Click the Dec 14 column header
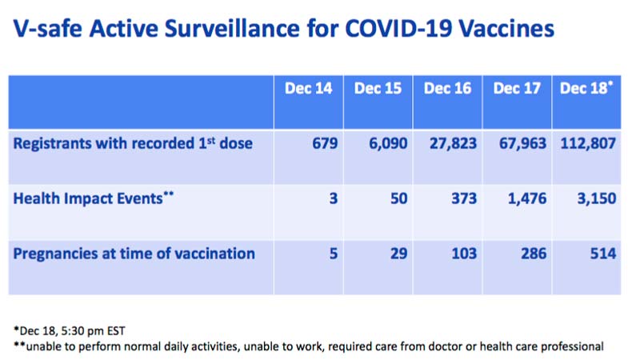click(x=309, y=89)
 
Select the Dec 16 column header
click(x=447, y=89)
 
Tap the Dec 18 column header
click(x=586, y=88)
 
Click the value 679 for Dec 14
click(x=325, y=143)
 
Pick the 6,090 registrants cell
click(x=388, y=144)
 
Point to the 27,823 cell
click(x=453, y=144)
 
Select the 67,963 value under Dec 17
click(x=523, y=144)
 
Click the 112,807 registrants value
click(x=588, y=144)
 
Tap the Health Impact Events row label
click(x=94, y=198)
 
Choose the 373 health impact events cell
click(x=464, y=198)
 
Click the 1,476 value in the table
click(x=527, y=198)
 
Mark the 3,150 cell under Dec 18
click(x=597, y=198)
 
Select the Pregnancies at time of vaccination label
click(x=134, y=254)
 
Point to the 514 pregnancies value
click(x=603, y=254)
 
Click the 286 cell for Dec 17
click(x=534, y=254)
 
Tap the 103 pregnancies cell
click(x=464, y=254)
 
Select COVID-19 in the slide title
click(x=398, y=29)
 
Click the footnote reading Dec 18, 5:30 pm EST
click(x=70, y=330)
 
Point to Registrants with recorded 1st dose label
click(x=133, y=144)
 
